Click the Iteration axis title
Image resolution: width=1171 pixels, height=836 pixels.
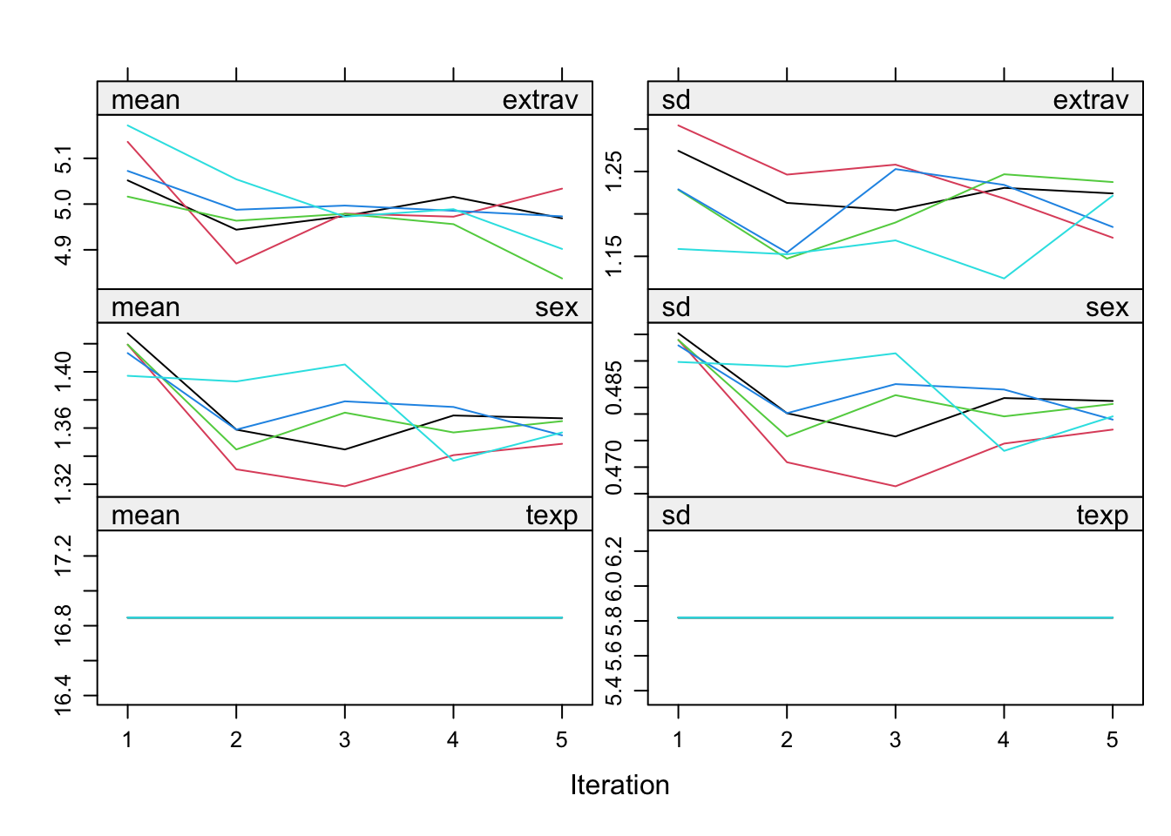click(x=619, y=785)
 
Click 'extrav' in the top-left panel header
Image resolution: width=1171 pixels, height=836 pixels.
click(x=539, y=100)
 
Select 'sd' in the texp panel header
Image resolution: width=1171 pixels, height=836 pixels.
click(x=676, y=516)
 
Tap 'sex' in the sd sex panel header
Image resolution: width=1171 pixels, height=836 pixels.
click(x=1107, y=307)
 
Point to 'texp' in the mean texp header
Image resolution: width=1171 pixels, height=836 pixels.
click(x=552, y=516)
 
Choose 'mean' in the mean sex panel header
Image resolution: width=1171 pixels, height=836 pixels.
click(x=146, y=307)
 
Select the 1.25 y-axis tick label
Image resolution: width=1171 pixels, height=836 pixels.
click(x=614, y=172)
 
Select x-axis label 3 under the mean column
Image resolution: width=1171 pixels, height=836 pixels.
click(x=345, y=740)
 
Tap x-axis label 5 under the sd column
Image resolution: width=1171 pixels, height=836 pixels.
click(x=1112, y=740)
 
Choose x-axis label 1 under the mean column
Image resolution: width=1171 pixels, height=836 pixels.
click(x=127, y=740)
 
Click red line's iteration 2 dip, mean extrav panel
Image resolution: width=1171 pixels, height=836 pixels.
click(x=236, y=263)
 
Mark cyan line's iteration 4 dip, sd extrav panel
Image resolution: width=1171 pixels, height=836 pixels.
click(x=1004, y=279)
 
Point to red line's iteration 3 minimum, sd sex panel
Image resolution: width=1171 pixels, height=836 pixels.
click(x=895, y=486)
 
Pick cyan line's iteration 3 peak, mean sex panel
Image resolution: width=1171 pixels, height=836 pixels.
click(x=345, y=365)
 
